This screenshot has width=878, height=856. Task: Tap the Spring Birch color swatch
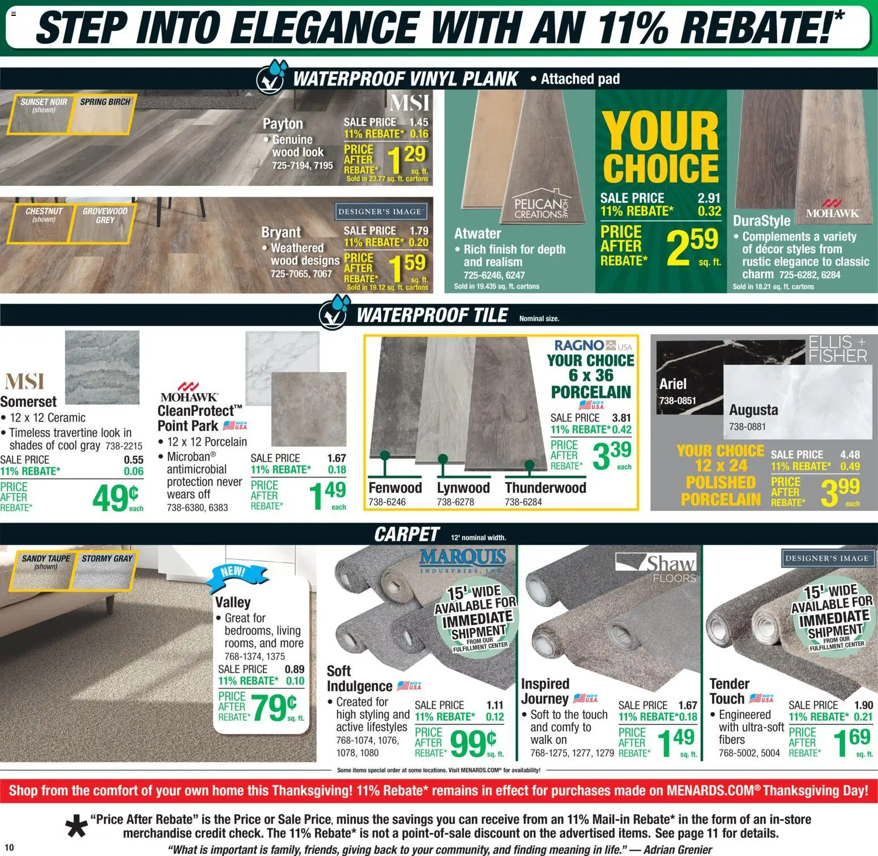104,114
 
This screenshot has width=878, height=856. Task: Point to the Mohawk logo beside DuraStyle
832,209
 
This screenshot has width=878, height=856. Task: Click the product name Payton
283,123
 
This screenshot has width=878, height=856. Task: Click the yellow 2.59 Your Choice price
692,246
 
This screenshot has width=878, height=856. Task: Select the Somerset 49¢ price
116,498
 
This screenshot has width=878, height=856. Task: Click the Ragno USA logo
593,345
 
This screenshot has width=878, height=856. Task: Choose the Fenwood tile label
395,488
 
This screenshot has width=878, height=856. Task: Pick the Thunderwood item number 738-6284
523,502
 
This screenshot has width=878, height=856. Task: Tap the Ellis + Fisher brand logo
837,349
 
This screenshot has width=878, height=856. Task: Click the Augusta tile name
753,410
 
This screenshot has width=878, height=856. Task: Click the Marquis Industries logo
463,559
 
